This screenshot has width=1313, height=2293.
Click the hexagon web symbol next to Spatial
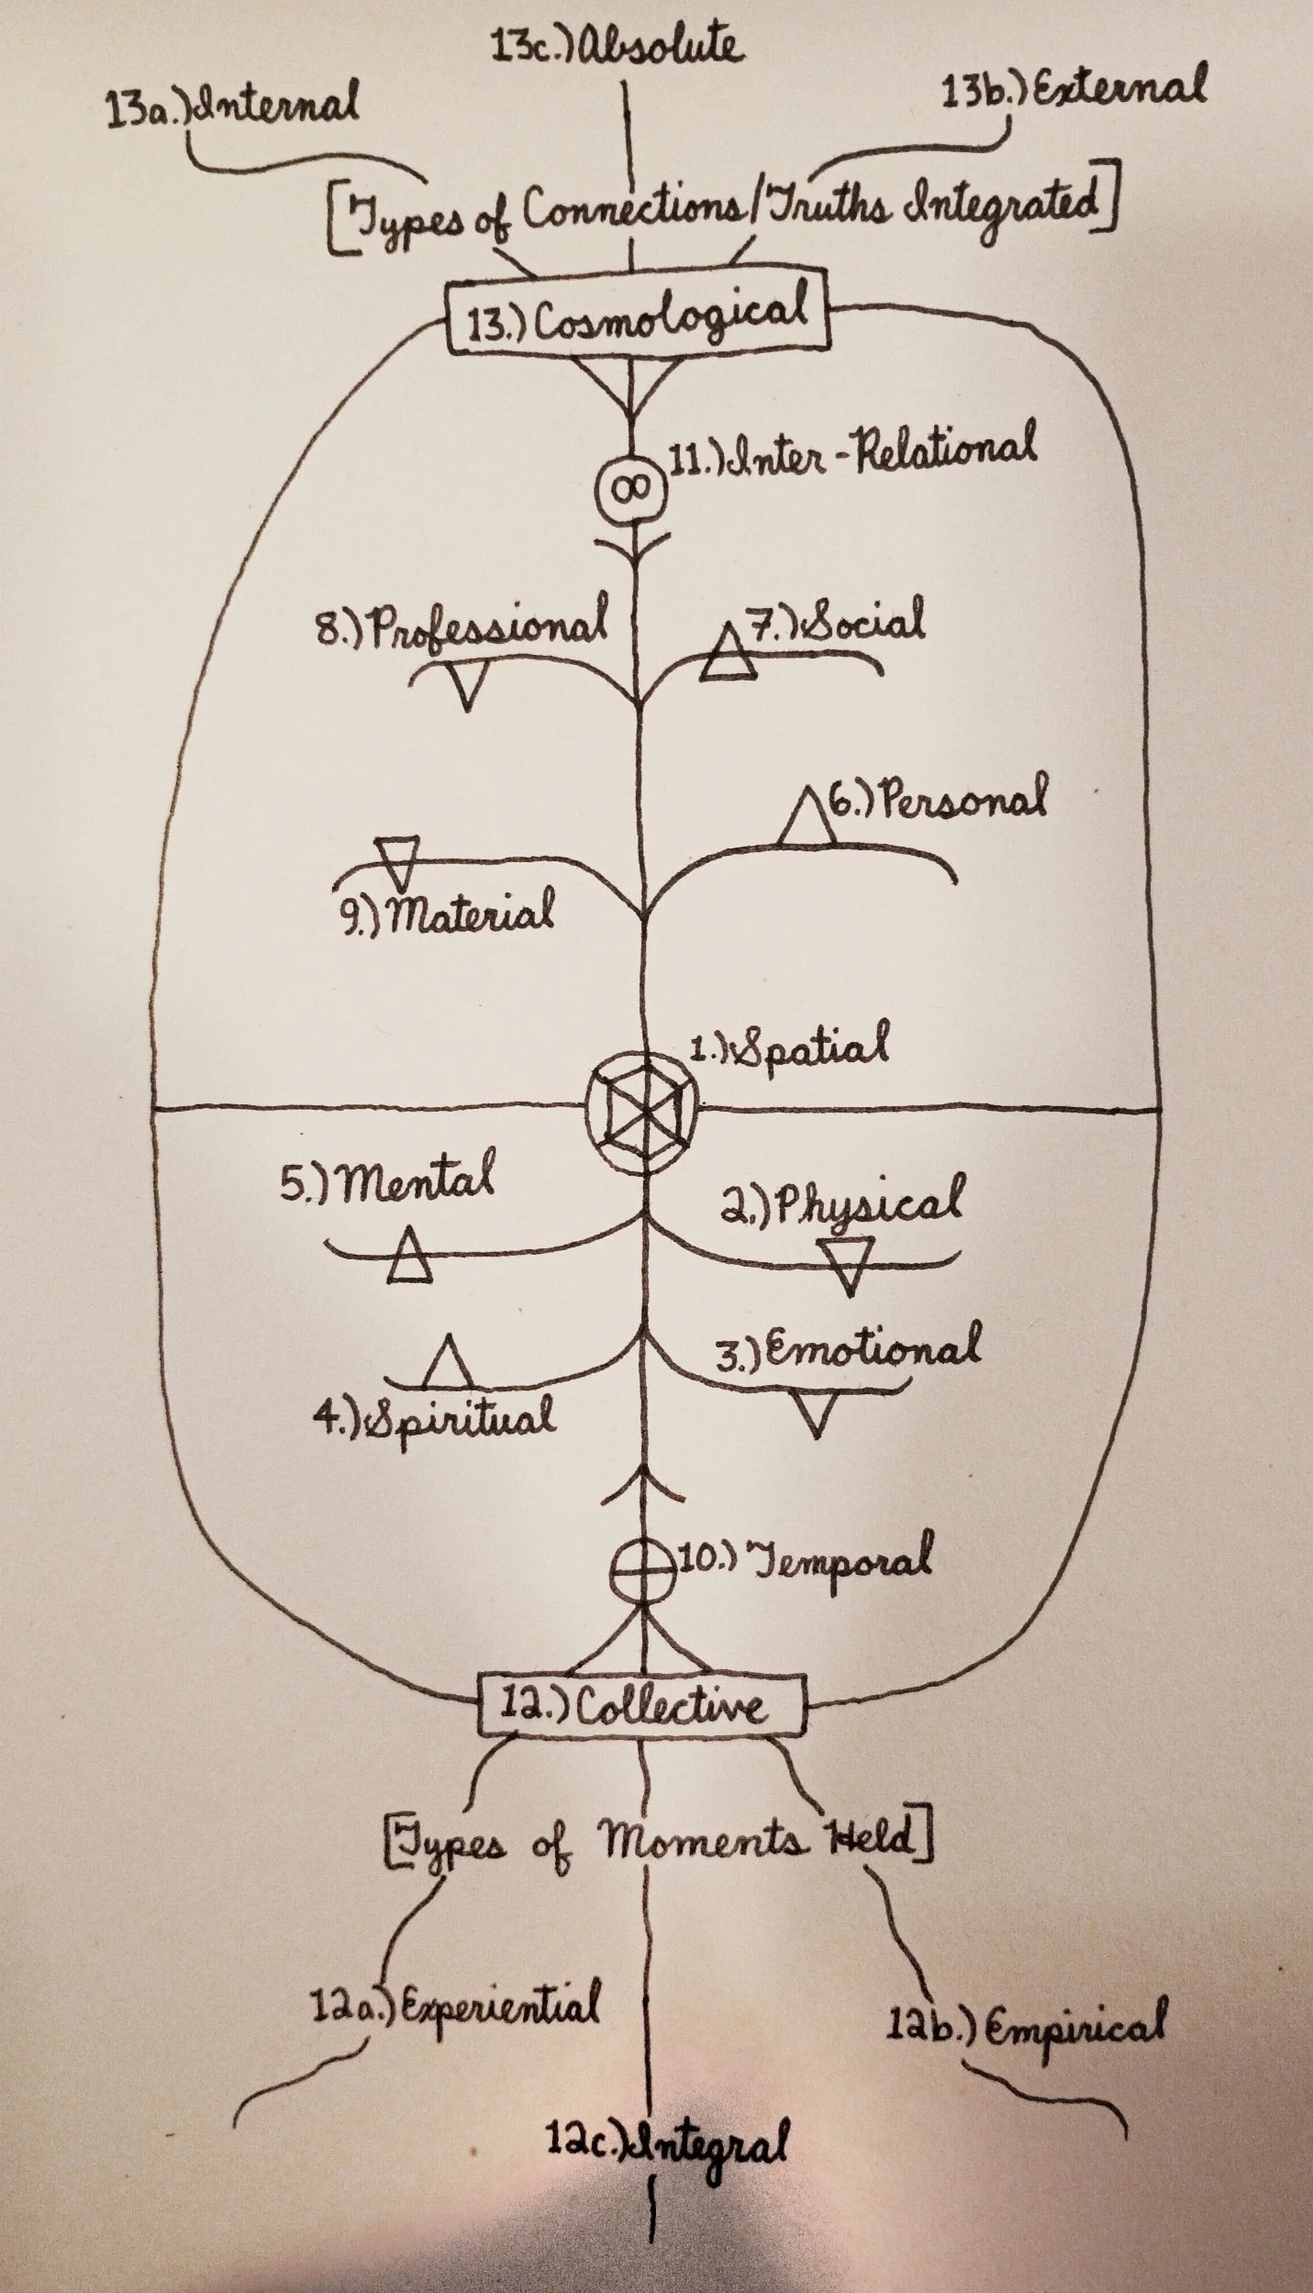(642, 1108)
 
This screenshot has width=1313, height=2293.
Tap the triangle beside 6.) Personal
(808, 818)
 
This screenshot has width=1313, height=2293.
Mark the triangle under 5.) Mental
(407, 1256)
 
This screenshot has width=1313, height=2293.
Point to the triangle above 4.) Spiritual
(447, 1364)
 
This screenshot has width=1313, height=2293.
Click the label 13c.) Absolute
(616, 44)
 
